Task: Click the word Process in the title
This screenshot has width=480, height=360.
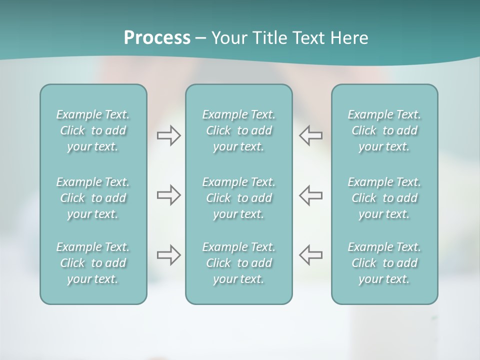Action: tap(157, 38)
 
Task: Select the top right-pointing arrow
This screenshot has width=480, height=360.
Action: tap(168, 135)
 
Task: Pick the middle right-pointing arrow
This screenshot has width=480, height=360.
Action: tap(168, 195)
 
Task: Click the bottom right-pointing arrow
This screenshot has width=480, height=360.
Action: tap(168, 255)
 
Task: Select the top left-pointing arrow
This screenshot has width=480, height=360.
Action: tap(311, 135)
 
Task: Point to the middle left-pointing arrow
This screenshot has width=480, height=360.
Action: tap(311, 195)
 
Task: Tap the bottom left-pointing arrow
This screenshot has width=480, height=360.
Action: tap(311, 255)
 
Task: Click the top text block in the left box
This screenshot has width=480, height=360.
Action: tap(93, 130)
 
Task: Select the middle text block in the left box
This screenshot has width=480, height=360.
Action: tap(93, 198)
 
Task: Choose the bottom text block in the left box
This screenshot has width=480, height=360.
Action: tap(93, 263)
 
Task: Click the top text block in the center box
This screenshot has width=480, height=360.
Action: tap(238, 130)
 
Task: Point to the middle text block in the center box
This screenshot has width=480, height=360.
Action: tap(238, 198)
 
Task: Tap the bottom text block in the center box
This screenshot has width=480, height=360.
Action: tap(238, 263)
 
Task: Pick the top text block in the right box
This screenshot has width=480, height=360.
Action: tap(384, 130)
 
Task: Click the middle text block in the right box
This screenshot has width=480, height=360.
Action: tap(384, 198)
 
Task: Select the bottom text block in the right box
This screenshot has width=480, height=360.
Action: tap(384, 263)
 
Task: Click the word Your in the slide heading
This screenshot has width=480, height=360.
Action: tap(227, 38)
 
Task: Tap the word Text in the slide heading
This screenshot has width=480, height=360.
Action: tap(307, 38)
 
